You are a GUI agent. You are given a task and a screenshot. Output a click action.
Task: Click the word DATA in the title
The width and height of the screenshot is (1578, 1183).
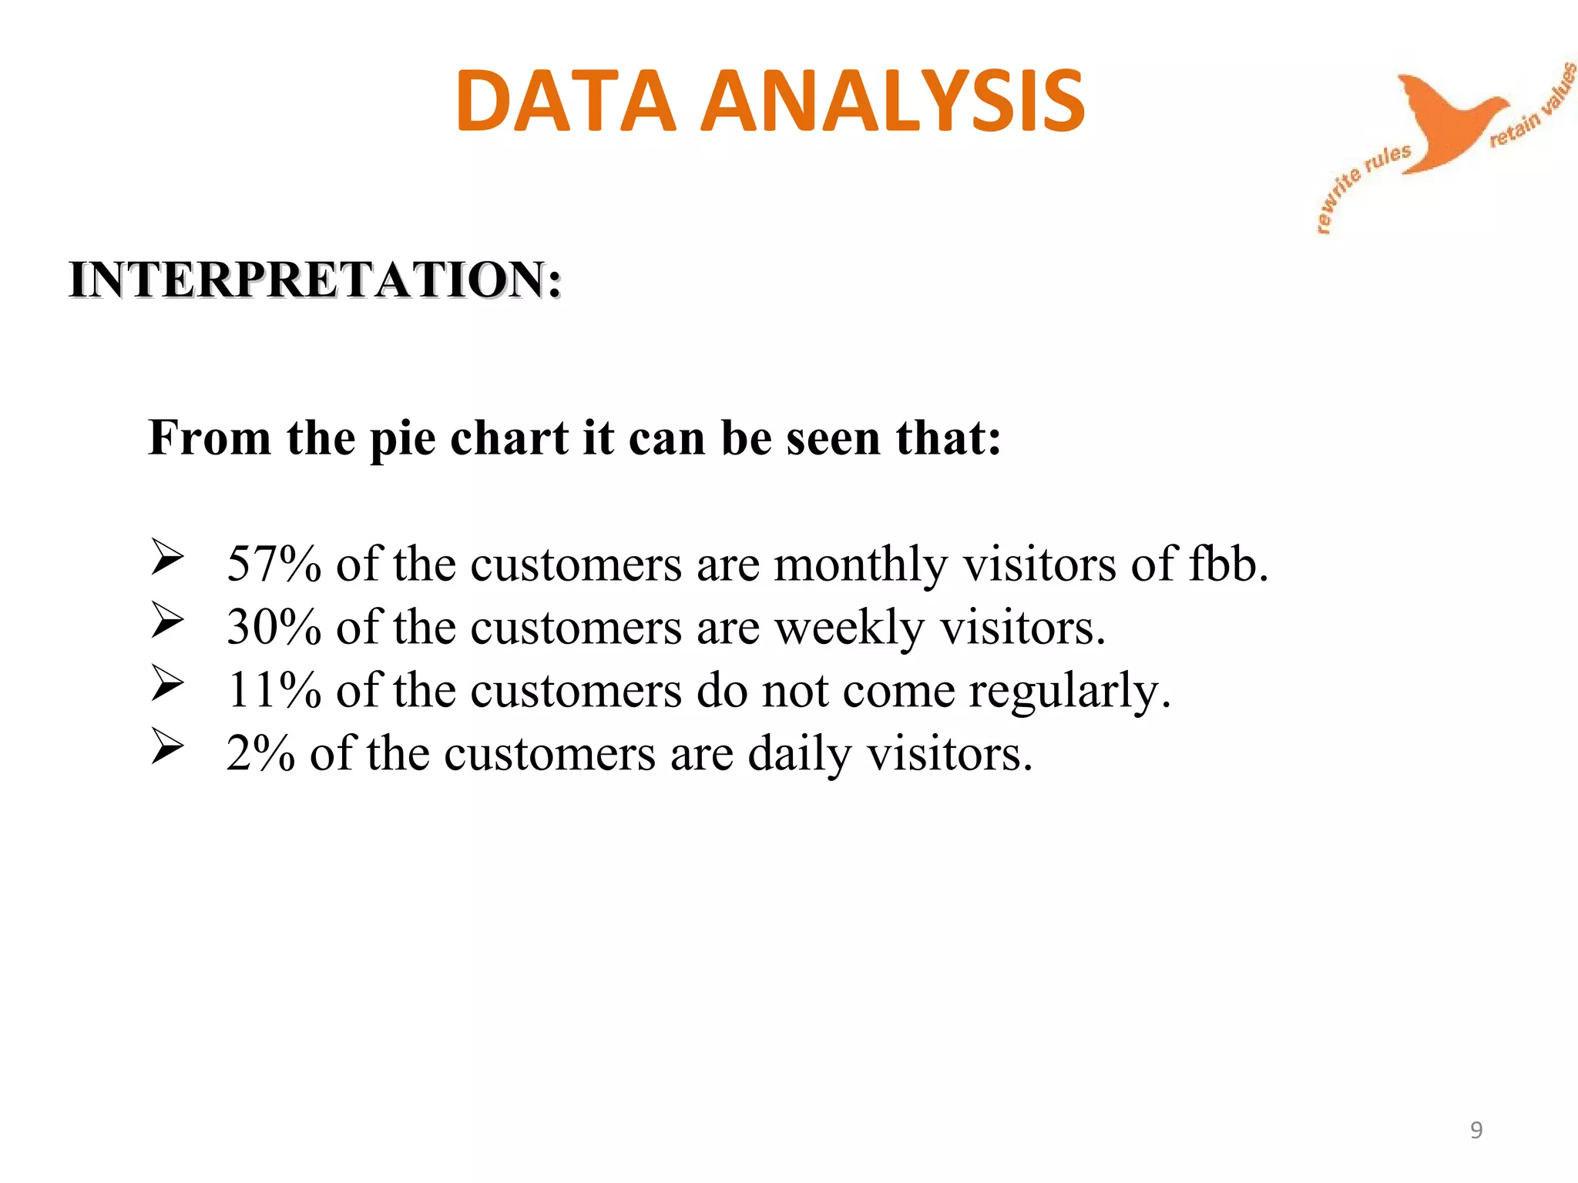(566, 101)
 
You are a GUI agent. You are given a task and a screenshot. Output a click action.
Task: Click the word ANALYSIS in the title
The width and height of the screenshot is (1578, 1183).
(893, 101)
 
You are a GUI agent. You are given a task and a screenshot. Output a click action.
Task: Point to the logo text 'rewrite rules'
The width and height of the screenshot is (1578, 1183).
(1360, 186)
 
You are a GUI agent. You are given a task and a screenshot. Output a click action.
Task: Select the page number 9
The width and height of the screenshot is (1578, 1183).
(1476, 1130)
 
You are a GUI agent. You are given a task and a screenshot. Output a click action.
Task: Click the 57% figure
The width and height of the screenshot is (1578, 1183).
(274, 564)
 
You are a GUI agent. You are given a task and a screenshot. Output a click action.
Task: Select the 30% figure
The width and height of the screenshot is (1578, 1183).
(274, 627)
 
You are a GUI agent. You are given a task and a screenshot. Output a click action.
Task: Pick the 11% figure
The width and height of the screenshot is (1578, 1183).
(274, 690)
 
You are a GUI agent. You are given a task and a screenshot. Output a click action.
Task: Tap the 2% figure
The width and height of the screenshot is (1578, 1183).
(260, 753)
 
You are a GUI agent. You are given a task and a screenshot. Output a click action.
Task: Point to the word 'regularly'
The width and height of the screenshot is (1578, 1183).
(1069, 690)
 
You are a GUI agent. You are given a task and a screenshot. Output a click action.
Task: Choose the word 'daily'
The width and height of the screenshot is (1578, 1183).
(800, 753)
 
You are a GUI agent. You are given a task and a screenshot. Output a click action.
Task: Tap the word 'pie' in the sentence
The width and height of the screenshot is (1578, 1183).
(402, 439)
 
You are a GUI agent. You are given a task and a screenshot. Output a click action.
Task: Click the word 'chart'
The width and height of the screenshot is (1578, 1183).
(509, 437)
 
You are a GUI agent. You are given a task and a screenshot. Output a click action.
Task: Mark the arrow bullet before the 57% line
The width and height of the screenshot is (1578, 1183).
(167, 558)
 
